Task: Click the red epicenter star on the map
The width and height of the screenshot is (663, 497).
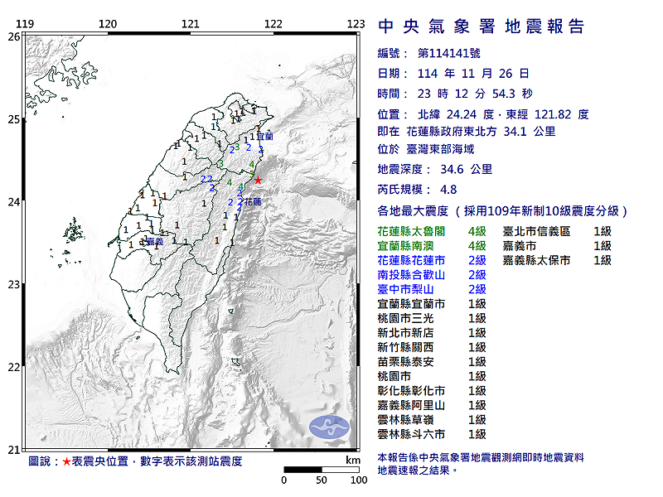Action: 258,180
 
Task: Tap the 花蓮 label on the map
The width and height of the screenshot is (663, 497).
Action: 253,202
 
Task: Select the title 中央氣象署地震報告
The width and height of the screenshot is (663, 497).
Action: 481,27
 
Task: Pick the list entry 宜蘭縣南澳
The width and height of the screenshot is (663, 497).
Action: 411,246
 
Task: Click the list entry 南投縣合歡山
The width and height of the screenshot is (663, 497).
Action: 411,275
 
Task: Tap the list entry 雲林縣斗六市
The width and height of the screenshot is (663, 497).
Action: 411,434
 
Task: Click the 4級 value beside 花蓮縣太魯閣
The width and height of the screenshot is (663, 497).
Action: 477,231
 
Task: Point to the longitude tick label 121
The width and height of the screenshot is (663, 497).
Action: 190,24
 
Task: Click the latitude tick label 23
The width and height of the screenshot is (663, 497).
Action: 14,285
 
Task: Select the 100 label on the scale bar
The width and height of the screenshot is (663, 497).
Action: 359,480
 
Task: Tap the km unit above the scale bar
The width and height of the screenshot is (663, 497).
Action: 353,460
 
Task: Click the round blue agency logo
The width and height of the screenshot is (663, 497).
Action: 324,427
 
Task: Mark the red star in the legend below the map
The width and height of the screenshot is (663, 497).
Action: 67,461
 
